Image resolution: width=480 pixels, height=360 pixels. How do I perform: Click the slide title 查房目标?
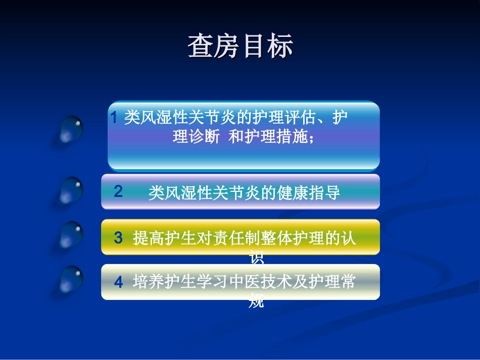click(x=241, y=47)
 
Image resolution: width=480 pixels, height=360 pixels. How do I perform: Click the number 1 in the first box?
click(x=114, y=118)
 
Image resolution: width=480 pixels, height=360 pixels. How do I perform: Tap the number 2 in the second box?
click(x=118, y=192)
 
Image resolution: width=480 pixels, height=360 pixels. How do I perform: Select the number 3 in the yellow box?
click(x=118, y=238)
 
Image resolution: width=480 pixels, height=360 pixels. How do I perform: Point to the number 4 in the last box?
click(x=118, y=282)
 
